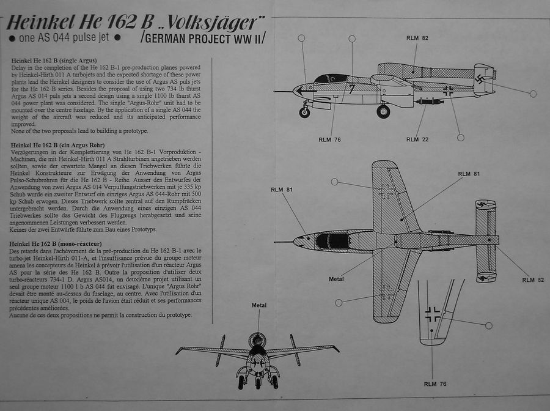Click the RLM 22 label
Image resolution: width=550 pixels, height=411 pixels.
(417, 139)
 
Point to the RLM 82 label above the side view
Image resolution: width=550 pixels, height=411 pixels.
(417, 38)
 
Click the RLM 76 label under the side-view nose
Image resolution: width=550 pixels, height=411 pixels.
(329, 139)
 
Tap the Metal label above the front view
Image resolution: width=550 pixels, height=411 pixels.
(258, 305)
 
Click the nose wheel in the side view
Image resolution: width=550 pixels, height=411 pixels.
(304, 112)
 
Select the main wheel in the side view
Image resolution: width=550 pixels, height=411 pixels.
(383, 111)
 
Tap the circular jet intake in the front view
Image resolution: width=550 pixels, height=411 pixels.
(257, 340)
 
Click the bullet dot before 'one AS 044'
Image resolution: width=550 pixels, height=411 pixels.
(13, 38)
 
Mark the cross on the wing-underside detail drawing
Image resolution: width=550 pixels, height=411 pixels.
(433, 314)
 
